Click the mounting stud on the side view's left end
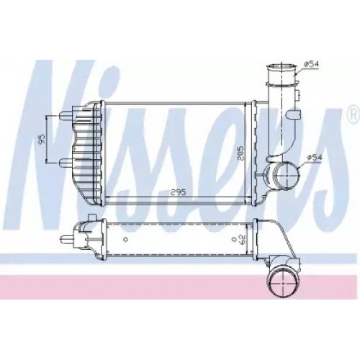(x=70, y=237)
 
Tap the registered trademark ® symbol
(x=352, y=113)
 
